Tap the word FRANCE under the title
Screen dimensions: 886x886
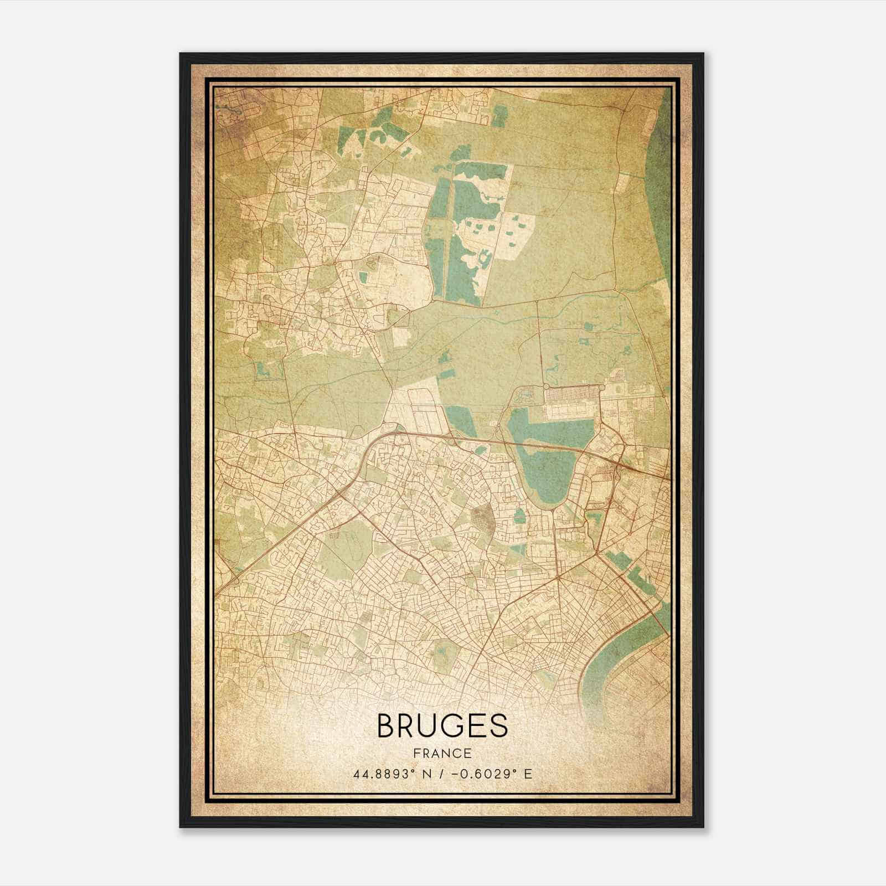pos(442,753)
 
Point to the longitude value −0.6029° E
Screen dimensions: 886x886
pos(493,774)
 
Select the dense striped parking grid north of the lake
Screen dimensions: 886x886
pos(573,394)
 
